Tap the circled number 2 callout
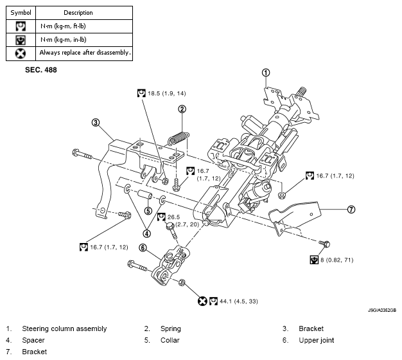[182, 109]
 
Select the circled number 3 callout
[95, 122]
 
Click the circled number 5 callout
[148, 210]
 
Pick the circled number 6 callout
[143, 248]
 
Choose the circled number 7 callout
[351, 209]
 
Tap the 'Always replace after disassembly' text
[85, 53]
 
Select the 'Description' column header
[78, 12]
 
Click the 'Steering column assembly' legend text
[64, 328]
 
